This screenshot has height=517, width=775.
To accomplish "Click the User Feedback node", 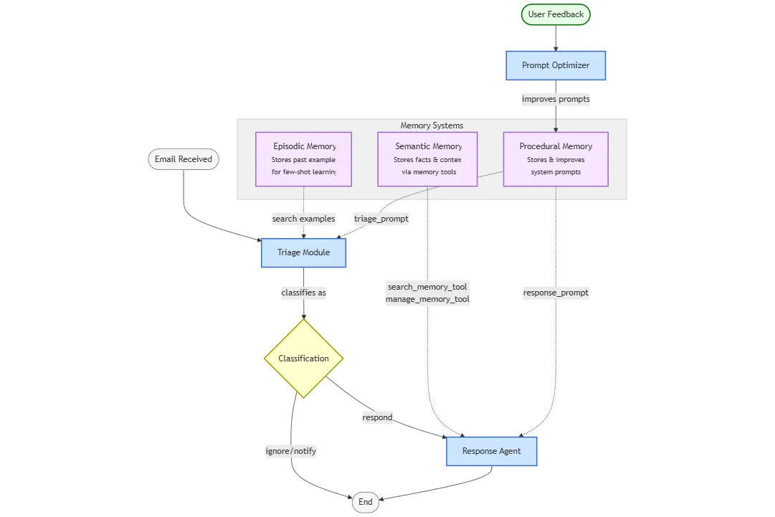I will pyautogui.click(x=556, y=14).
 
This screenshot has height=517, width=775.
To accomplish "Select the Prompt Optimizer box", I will pyautogui.click(x=556, y=65).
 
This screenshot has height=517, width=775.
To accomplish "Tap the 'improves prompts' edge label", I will pyautogui.click(x=556, y=100).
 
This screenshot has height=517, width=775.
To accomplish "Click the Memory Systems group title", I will pyautogui.click(x=432, y=125).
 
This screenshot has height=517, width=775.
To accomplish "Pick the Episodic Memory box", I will pyautogui.click(x=304, y=159).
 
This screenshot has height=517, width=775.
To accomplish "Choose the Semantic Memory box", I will pyautogui.click(x=428, y=159).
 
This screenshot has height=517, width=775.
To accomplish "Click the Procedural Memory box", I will pyautogui.click(x=556, y=159).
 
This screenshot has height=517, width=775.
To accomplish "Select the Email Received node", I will pyautogui.click(x=184, y=159).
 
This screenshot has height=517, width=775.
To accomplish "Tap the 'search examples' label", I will pyautogui.click(x=303, y=219).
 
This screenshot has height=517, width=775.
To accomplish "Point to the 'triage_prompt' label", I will pyautogui.click(x=381, y=219).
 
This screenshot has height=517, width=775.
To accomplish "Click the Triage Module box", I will pyautogui.click(x=303, y=252).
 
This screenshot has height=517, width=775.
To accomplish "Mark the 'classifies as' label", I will pyautogui.click(x=303, y=293).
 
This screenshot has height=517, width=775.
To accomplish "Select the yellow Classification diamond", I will pyautogui.click(x=303, y=359).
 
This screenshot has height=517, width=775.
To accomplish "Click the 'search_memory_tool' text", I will pyautogui.click(x=427, y=287).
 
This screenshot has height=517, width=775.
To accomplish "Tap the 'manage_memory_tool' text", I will pyautogui.click(x=427, y=299).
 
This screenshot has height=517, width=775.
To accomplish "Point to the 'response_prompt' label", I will pyautogui.click(x=556, y=293).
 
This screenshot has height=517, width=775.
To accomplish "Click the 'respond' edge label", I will pyautogui.click(x=377, y=417).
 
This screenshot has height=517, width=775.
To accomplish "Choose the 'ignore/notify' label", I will pyautogui.click(x=291, y=451).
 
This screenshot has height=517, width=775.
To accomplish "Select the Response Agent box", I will pyautogui.click(x=491, y=451).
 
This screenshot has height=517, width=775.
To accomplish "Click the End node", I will pyautogui.click(x=366, y=502).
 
